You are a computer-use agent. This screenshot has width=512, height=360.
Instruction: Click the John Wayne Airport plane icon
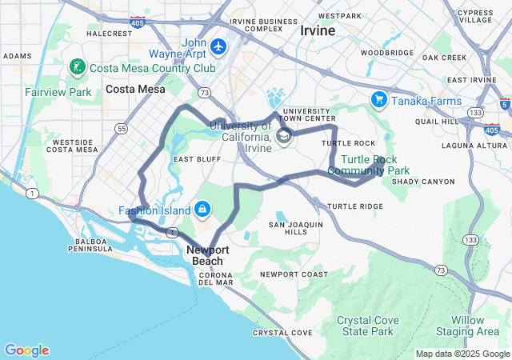pos(219,47)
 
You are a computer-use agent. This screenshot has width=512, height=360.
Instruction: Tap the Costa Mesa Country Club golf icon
pos(78,68)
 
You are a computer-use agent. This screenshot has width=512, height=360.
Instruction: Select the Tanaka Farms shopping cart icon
pos(378,100)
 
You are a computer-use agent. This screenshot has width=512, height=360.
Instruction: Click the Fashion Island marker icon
pos(202,210)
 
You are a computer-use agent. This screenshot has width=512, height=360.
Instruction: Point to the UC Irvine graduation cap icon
pos(283,138)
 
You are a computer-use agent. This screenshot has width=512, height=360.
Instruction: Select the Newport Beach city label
pos(208,255)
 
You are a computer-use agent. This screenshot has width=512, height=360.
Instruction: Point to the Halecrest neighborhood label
pos(109,34)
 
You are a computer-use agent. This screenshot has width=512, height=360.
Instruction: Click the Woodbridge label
pos(386,53)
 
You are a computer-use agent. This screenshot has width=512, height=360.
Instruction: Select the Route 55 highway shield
pos(122,128)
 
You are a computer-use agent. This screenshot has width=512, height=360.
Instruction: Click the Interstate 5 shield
pos(503,104)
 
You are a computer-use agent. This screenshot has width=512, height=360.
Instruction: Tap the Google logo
pos(26,350)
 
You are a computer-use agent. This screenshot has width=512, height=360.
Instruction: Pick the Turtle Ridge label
pos(355,206)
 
